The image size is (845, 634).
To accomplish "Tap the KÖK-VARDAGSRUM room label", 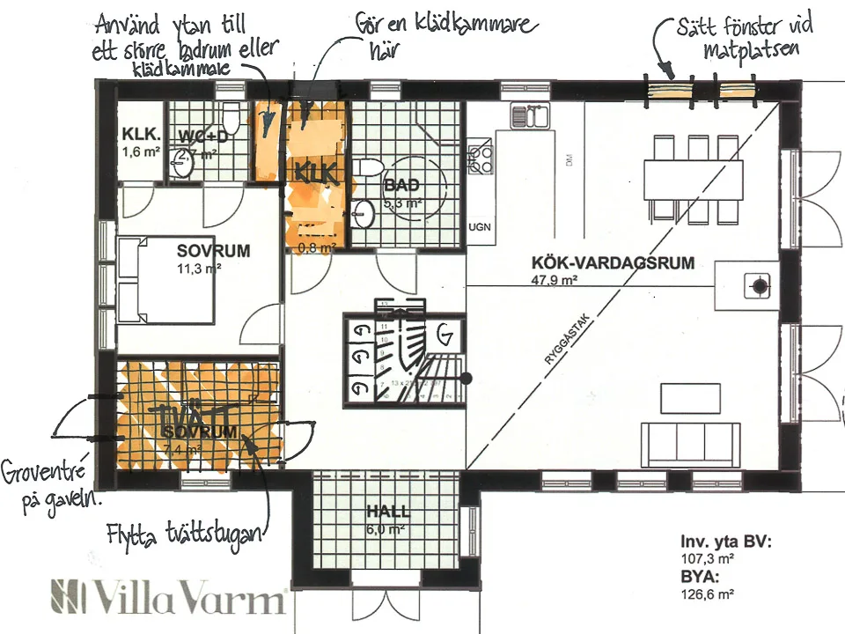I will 614,262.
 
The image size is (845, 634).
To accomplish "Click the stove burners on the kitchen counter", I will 481,157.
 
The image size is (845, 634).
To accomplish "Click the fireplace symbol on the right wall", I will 755,284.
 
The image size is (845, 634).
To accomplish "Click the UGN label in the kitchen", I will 480,226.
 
